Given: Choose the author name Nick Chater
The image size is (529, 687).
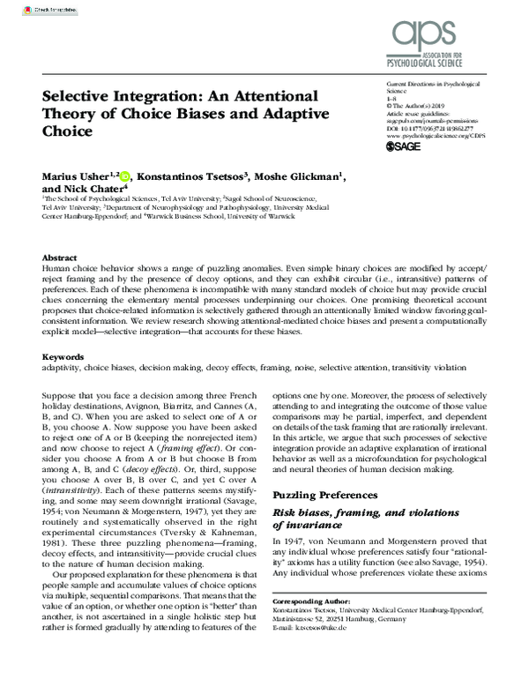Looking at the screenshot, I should tap(86, 189).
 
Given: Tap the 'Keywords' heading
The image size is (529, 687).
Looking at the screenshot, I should tap(63, 356).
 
